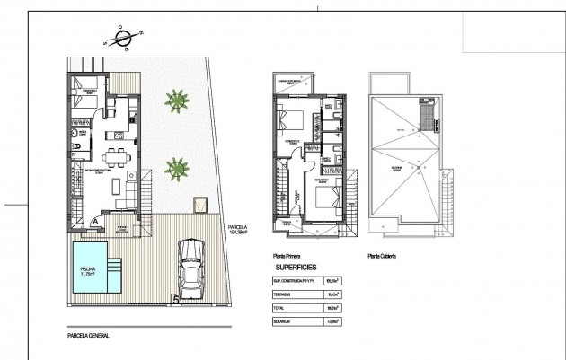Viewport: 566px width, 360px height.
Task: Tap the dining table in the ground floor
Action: (x=115, y=154)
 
